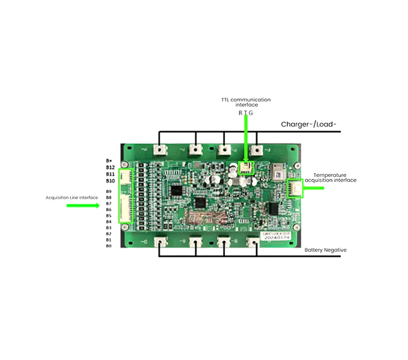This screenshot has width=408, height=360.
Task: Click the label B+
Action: coord(109,161)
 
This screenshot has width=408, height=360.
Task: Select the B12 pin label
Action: coord(110,167)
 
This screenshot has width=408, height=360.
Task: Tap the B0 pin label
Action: coord(109,246)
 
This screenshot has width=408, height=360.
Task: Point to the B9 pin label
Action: coord(109,191)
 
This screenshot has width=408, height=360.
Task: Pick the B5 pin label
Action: coord(109,215)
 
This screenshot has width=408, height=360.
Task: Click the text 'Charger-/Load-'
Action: coord(309,125)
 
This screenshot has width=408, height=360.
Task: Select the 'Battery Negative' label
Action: coord(325,250)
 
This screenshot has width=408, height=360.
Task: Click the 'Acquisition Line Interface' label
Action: coord(71,197)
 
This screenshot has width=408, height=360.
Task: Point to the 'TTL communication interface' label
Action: coord(245,102)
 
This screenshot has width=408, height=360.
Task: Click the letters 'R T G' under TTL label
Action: coord(245,112)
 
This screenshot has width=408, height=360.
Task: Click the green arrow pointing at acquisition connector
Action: coord(83,205)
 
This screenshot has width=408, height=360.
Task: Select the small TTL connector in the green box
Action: coord(245,167)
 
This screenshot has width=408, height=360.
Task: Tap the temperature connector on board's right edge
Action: coord(295,188)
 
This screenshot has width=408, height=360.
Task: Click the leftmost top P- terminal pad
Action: coord(160,149)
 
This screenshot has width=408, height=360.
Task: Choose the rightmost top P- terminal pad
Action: coord(257,149)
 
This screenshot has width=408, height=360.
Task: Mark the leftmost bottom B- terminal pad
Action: coord(160,242)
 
